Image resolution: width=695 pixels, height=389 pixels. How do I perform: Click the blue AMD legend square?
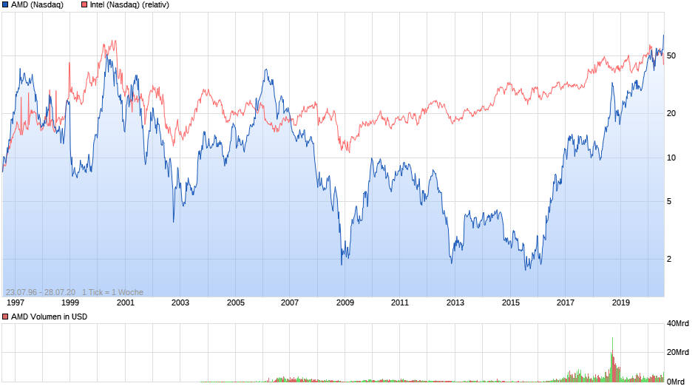6,5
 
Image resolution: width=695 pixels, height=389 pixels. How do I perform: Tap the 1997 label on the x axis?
16,302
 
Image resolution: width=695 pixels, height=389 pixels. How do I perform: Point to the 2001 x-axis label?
126,302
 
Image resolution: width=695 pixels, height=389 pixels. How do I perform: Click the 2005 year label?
236,302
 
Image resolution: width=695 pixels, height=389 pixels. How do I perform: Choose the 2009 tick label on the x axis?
345,302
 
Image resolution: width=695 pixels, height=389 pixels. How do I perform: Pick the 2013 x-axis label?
455,302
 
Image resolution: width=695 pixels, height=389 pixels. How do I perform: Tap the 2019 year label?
620,302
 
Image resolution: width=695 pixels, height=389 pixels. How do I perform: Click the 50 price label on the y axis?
671,55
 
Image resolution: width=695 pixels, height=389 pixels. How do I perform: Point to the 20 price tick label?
671,113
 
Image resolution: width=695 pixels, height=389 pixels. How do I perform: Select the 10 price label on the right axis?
671,158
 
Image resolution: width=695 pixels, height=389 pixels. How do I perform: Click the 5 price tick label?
669,201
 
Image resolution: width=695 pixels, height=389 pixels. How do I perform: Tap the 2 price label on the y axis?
669,259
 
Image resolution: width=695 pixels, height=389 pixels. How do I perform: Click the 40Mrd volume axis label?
678,323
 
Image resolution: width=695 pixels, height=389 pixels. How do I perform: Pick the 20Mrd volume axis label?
678,352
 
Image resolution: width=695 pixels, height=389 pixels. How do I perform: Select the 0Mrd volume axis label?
676,382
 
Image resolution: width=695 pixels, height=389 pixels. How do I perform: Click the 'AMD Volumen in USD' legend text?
48,317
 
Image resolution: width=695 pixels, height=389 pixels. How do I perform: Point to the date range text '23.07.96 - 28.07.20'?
41,292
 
